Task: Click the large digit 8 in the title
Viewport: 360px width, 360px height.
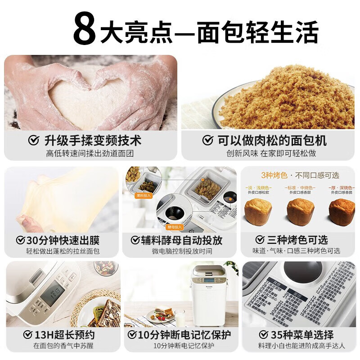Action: pyautogui.click(x=85, y=29)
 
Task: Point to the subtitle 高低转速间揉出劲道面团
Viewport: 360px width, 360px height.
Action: pyautogui.click(x=90, y=153)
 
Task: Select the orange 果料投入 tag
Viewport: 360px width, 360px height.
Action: pyautogui.click(x=144, y=196)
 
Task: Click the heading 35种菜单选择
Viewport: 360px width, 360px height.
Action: pyautogui.click(x=301, y=335)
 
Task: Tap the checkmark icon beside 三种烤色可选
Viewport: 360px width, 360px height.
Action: pyautogui.click(x=260, y=240)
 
